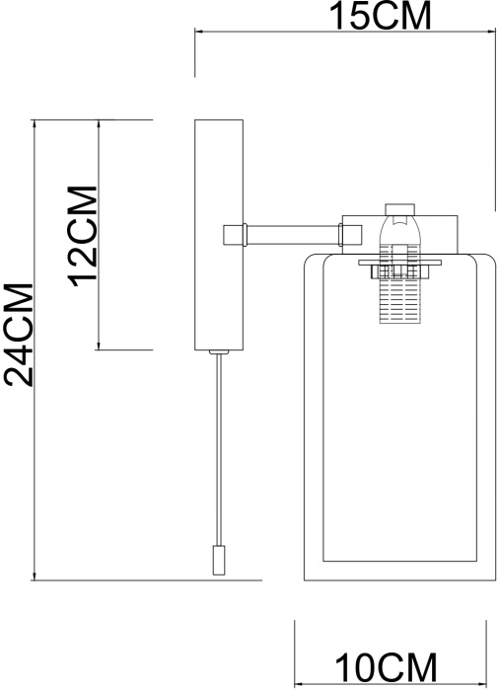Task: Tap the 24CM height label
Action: pyautogui.click(x=20, y=335)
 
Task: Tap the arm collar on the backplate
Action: pyautogui.click(x=235, y=235)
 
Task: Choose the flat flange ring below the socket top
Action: pyautogui.click(x=399, y=263)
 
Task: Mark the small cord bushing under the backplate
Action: pyautogui.click(x=219, y=352)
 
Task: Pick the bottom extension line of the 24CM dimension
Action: pyautogui.click(x=148, y=580)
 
